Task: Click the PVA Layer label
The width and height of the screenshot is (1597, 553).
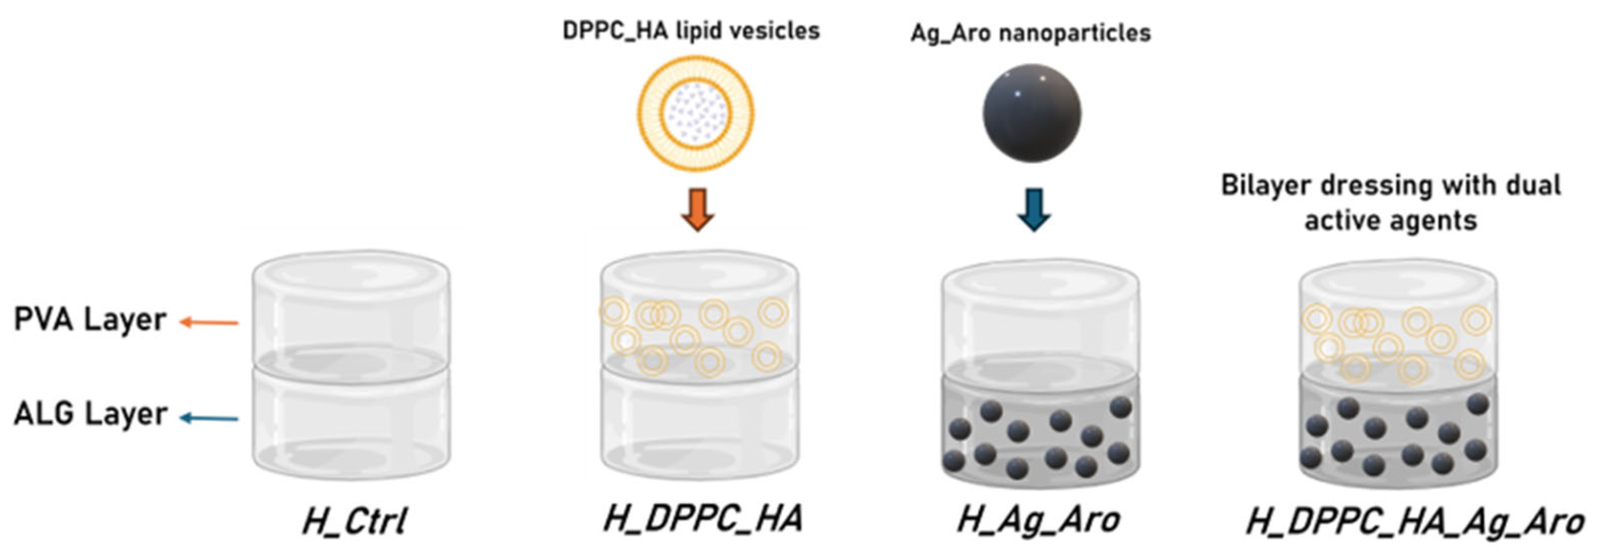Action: coord(91,321)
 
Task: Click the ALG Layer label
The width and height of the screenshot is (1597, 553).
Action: coord(91,414)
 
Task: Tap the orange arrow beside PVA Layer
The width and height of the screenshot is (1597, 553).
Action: coord(209,322)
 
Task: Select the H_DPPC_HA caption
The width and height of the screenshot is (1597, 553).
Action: coord(702,518)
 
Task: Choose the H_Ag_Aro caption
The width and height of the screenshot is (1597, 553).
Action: coord(1038,520)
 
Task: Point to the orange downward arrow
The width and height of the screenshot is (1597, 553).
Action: coord(698,209)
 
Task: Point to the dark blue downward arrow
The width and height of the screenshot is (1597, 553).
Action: coord(1034,209)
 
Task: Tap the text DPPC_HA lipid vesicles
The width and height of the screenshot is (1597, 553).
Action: coord(691,31)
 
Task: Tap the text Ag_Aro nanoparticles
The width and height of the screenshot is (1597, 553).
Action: coord(1030,33)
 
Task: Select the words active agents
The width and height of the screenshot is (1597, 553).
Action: coord(1390,220)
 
